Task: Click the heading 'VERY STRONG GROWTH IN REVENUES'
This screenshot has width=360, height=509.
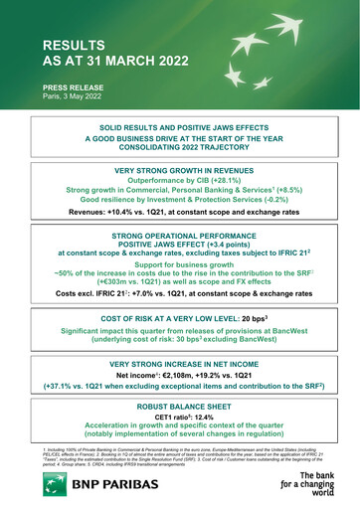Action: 180,171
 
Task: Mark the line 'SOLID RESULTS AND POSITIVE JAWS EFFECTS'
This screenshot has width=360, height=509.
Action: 180,128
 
